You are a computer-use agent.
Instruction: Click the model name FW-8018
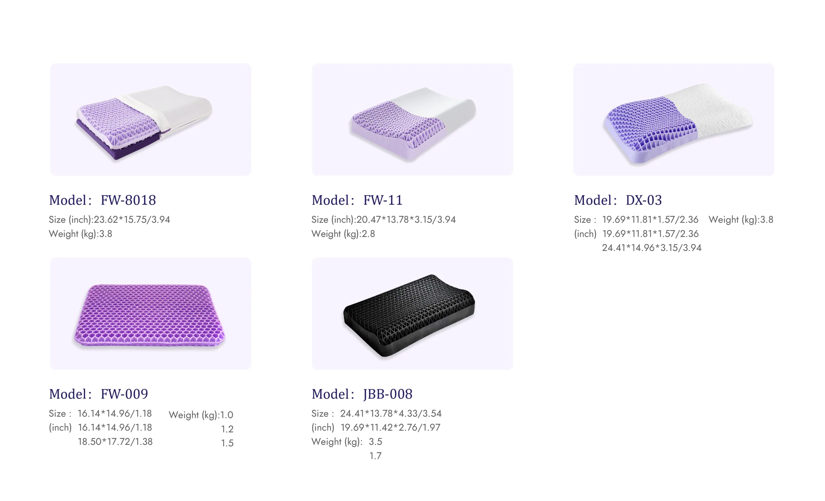(x=128, y=200)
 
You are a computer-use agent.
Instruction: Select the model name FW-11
(x=383, y=200)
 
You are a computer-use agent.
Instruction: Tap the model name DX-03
(x=644, y=200)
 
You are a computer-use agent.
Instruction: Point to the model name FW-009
(x=124, y=394)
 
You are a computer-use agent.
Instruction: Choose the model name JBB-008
(x=388, y=394)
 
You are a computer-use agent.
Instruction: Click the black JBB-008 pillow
(x=409, y=314)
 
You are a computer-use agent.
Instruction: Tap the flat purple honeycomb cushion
(x=149, y=315)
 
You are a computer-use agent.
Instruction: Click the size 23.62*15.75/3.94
(x=131, y=219)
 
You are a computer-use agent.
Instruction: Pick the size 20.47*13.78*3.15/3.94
(x=406, y=219)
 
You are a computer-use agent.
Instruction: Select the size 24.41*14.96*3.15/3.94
(x=652, y=248)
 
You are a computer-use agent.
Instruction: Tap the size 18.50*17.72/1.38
(x=115, y=441)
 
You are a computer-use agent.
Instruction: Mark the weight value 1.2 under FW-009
(x=227, y=429)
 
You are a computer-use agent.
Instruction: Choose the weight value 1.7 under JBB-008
(x=375, y=456)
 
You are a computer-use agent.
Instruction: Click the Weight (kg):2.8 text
(x=343, y=234)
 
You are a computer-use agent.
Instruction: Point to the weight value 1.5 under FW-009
(x=227, y=443)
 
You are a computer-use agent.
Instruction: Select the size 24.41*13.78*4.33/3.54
(x=391, y=413)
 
